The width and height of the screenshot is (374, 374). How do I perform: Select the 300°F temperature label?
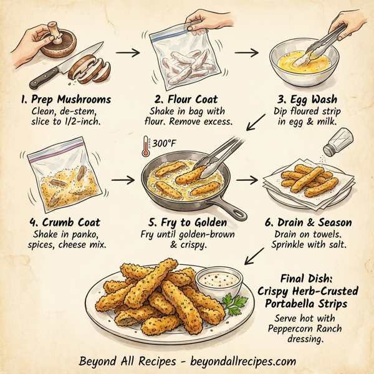click(x=164, y=144)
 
